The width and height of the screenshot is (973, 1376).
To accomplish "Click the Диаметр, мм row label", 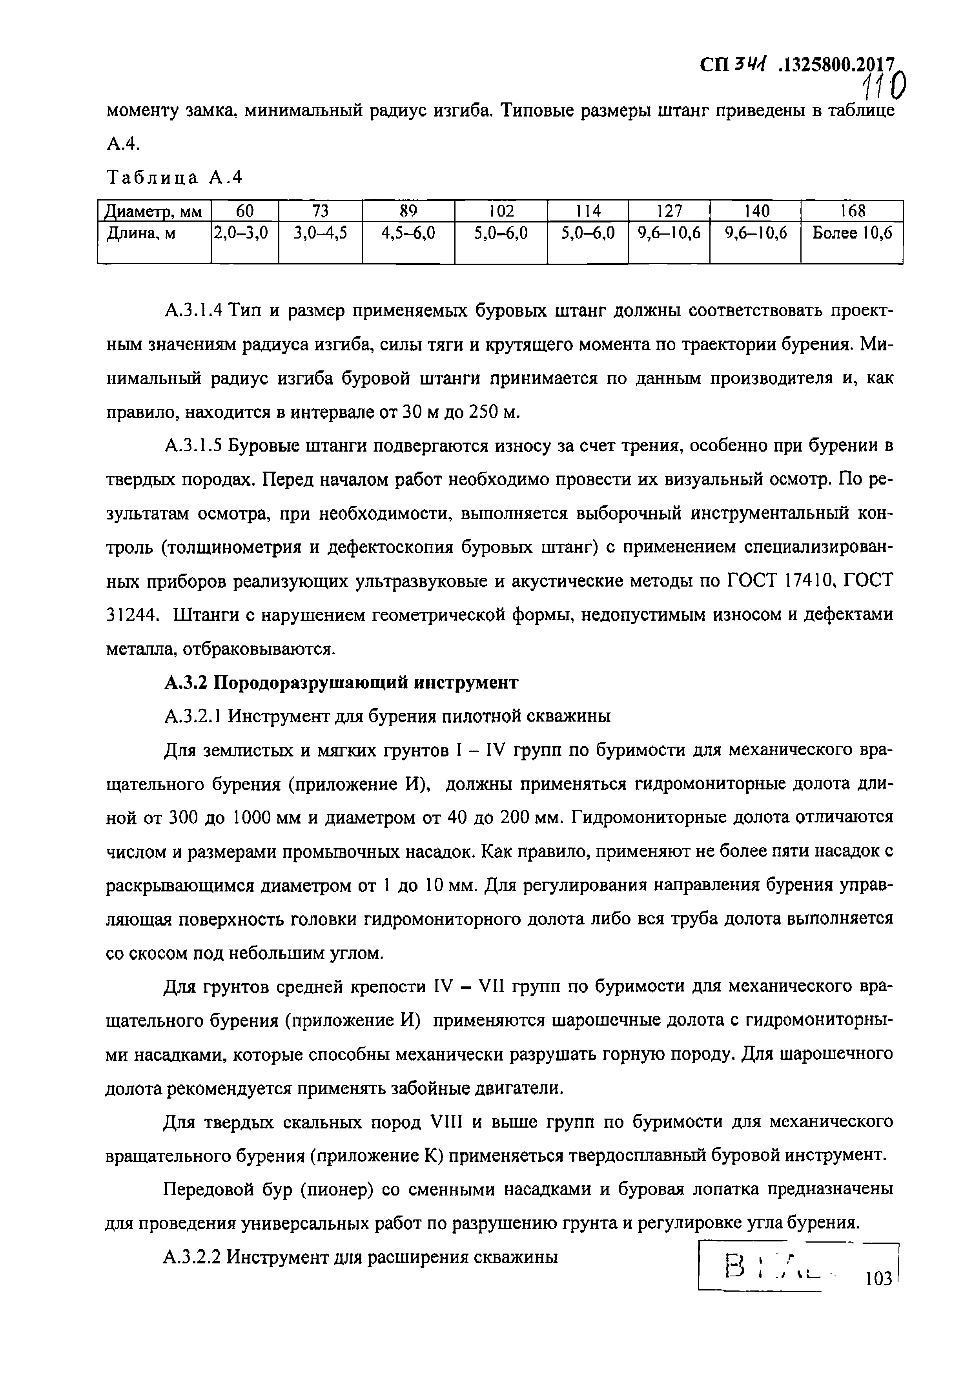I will point(153,211).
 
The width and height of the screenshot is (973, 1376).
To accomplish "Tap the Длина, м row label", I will point(141,234).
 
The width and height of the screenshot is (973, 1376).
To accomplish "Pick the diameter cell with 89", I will point(408,211).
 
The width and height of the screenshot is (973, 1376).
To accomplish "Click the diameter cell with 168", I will point(852,211).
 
